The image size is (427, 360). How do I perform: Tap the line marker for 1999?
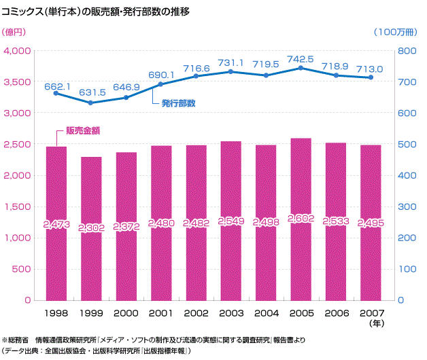coord(91,103)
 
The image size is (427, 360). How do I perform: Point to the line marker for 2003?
coord(230,71)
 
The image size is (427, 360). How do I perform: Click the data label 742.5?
coord(301,59)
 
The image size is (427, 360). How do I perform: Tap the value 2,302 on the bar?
coord(91,228)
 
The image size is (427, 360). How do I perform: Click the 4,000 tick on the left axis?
coord(18,51)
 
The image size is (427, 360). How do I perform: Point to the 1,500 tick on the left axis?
coord(18,206)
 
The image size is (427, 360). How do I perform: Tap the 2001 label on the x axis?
coord(161,314)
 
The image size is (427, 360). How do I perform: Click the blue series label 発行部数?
coord(179,103)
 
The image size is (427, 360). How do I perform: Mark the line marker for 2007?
coord(371,77)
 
